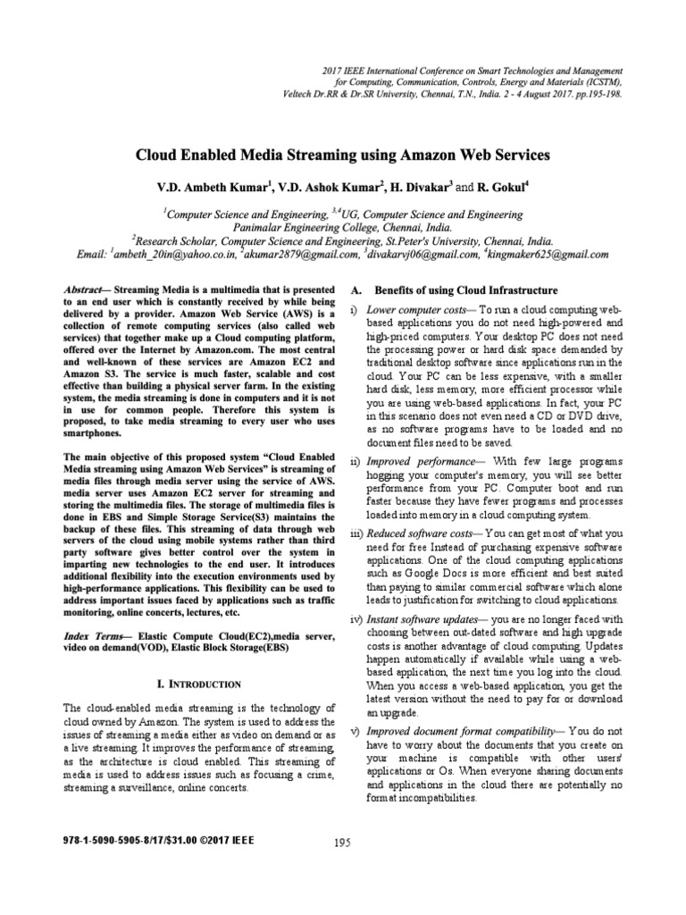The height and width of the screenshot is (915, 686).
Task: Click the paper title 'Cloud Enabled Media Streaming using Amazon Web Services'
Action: pyautogui.click(x=342, y=155)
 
